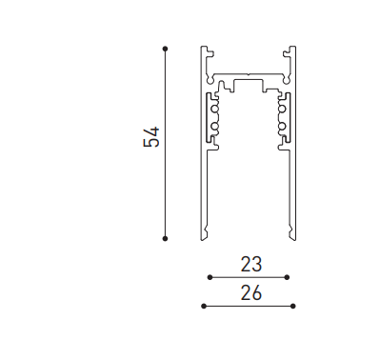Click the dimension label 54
151,137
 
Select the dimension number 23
251,264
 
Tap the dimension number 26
251,292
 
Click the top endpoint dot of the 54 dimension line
165,49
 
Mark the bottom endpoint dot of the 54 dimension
165,238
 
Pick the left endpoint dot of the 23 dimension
210,277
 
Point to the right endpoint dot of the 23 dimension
287,277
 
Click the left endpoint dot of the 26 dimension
204,306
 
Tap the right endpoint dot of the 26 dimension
293,306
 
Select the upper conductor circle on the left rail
215,110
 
